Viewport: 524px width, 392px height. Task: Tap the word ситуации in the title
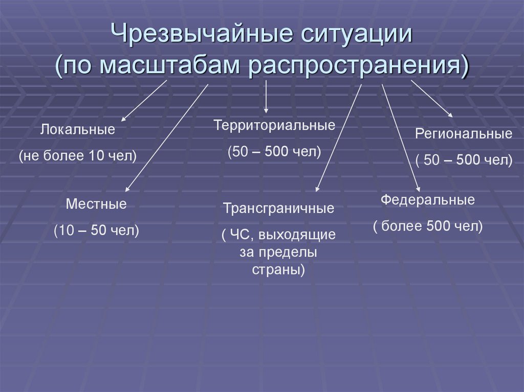tap(354, 37)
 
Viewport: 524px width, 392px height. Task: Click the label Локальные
tap(78, 130)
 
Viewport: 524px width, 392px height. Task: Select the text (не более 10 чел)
tap(78, 156)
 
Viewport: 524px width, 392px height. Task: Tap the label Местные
tap(96, 204)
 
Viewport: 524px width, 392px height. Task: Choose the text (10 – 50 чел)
tap(96, 230)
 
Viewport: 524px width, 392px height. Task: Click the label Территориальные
tap(274, 125)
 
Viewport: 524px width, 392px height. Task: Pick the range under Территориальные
tap(274, 152)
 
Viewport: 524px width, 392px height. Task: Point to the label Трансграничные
tap(279, 209)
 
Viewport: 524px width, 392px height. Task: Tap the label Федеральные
tap(428, 200)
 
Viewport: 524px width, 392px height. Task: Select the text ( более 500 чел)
tap(428, 226)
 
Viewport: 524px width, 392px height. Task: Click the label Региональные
tap(464, 134)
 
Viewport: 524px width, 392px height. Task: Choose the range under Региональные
tap(464, 160)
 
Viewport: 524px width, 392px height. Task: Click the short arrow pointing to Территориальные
tap(266, 97)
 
